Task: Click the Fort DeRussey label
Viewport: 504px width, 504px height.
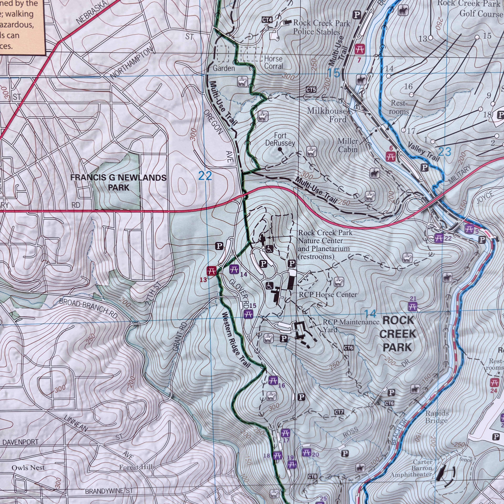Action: (x=280, y=139)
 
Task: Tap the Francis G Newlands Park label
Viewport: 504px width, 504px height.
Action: (x=119, y=182)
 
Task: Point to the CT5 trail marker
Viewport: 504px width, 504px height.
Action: (x=311, y=90)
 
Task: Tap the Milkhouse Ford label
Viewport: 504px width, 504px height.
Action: (x=327, y=115)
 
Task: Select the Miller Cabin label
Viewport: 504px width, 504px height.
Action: (x=348, y=145)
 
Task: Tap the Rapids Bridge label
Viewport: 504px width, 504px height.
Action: (x=437, y=417)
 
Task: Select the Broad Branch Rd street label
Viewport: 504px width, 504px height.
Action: (x=89, y=308)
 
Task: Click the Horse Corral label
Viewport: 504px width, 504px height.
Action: (x=273, y=62)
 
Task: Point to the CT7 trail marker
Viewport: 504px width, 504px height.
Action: (x=339, y=412)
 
